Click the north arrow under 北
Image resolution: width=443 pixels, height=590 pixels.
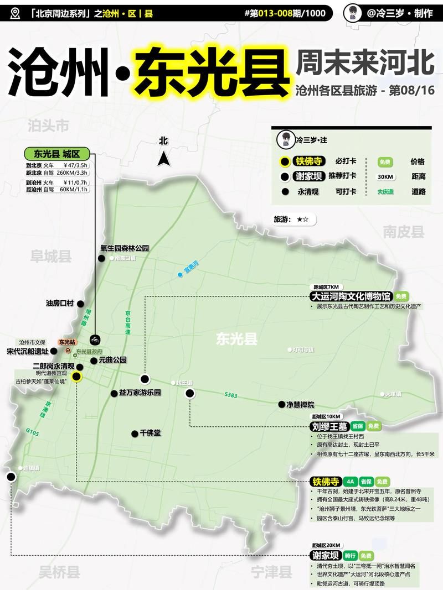coord(163,159)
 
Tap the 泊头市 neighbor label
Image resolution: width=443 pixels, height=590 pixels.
coord(48,126)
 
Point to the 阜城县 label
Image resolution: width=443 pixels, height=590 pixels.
coord(51,256)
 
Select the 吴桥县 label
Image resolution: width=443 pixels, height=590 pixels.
coord(59,572)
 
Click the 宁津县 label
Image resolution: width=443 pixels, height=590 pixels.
coord(271,572)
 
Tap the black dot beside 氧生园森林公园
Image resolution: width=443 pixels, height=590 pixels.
coord(101,258)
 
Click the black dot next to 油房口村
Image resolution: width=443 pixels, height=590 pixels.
coord(80,304)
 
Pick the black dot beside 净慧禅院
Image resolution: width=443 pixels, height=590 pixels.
coord(281,404)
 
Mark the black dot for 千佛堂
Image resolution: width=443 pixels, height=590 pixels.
coord(134,434)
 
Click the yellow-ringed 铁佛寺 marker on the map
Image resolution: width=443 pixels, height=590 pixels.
coord(76,377)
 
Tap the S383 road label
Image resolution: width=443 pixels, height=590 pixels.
coord(231,395)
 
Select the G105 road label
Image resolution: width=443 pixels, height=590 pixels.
coord(32,433)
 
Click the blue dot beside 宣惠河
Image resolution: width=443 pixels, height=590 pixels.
coord(180,274)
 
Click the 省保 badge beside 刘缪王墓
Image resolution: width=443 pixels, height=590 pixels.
coord(358,426)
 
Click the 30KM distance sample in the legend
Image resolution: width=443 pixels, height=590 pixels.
coord(385,177)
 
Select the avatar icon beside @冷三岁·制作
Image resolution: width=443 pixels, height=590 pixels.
coord(353,13)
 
